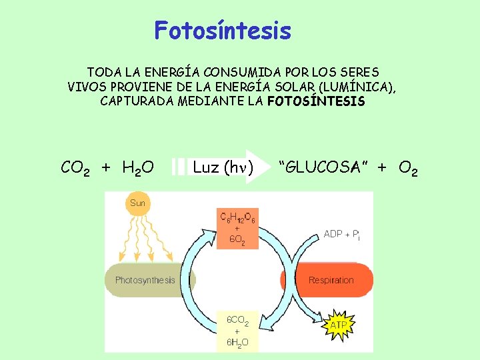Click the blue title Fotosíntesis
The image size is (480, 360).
pyautogui.click(x=223, y=31)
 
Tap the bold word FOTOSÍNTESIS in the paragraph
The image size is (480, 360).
pyautogui.click(x=316, y=102)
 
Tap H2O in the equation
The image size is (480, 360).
pyautogui.click(x=138, y=168)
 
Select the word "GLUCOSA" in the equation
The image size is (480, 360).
pyautogui.click(x=323, y=167)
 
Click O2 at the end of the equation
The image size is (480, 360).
pyautogui.click(x=408, y=168)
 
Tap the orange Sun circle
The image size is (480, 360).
pyautogui.click(x=137, y=203)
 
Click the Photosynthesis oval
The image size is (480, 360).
pyautogui.click(x=145, y=280)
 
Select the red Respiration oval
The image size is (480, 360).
pyautogui.click(x=331, y=280)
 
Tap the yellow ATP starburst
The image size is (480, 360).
pyautogui.click(x=339, y=325)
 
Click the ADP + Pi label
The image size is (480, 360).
pyautogui.click(x=341, y=235)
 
